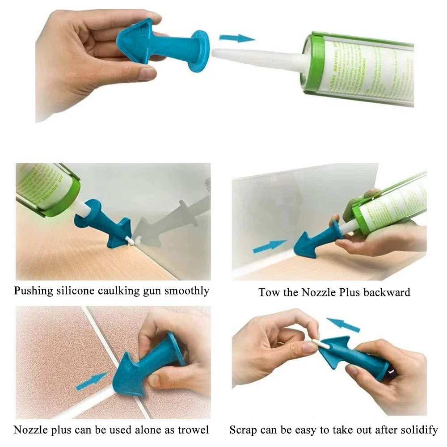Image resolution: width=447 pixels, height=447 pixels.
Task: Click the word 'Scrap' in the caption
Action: (x=244, y=430)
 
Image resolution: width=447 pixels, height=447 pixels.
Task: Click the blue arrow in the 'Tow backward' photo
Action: (x=270, y=245)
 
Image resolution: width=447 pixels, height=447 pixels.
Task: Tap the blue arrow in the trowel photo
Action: (x=91, y=381)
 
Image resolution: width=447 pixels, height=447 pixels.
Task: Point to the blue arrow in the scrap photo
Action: (x=343, y=325)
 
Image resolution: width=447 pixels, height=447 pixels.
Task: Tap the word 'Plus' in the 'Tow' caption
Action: (x=349, y=293)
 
